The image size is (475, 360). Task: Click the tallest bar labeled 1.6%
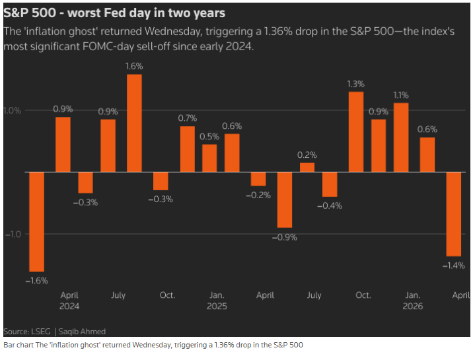[x=134, y=123]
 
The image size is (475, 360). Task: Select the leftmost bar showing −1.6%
[x=36, y=221]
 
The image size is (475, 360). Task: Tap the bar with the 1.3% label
[x=356, y=131]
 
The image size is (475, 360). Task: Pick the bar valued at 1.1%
[x=401, y=137]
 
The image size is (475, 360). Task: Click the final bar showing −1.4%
[x=454, y=213]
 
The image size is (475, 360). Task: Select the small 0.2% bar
[x=307, y=167]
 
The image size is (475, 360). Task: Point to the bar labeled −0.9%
[x=285, y=199]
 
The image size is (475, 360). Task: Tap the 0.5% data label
[x=209, y=136]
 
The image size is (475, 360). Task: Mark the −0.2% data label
[x=258, y=195]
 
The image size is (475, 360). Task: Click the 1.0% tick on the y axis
[x=13, y=110]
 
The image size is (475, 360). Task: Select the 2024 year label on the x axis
[x=70, y=306]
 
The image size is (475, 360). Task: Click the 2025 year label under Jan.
[x=217, y=306]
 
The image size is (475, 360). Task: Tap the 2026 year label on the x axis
[x=413, y=306]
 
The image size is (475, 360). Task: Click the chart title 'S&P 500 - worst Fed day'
[x=114, y=13]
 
